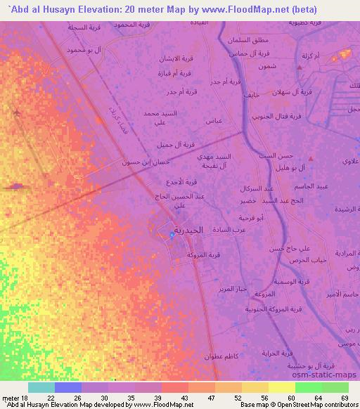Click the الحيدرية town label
(188, 229)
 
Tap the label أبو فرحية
(251, 219)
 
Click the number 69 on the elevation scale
(344, 397)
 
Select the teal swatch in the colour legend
(41, 387)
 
